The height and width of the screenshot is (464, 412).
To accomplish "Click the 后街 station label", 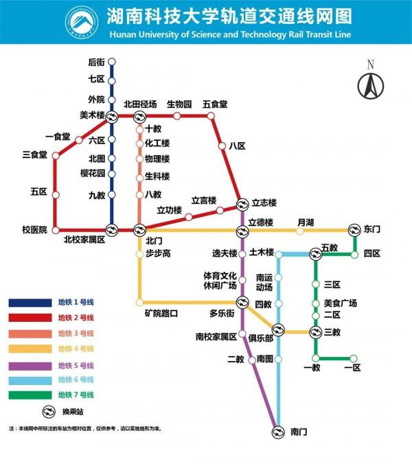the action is click(96, 62).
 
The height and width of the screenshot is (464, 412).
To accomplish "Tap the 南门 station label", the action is click(299, 432).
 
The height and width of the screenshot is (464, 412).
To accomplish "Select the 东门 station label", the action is click(373, 229).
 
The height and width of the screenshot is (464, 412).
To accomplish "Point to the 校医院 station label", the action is click(34, 230).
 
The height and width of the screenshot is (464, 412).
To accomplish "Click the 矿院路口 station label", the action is click(161, 314).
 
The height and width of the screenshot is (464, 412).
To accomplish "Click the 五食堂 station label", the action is click(215, 104).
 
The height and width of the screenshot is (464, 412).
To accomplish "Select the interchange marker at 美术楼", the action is click(112, 117).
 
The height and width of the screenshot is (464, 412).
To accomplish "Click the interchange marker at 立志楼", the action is click(242, 205).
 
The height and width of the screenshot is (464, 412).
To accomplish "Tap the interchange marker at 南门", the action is click(278, 432).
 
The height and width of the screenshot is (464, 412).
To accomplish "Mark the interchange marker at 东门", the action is click(355, 229).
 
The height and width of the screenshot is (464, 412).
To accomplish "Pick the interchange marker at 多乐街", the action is click(242, 302).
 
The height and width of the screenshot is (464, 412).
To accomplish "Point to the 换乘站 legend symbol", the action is click(50, 411).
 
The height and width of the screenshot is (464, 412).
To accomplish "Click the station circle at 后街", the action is click(112, 62).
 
